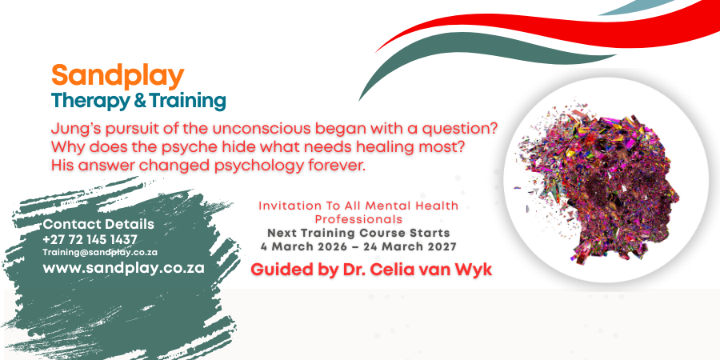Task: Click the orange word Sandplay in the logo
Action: point(118,77)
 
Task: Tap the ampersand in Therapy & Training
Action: point(138,102)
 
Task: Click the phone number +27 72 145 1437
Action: point(90,240)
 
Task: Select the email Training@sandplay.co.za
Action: point(100,253)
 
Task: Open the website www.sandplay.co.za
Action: point(123,268)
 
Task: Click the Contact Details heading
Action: point(98,225)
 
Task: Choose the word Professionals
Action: point(358,219)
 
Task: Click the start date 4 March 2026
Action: point(307,247)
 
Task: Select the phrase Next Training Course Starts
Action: point(358,233)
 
